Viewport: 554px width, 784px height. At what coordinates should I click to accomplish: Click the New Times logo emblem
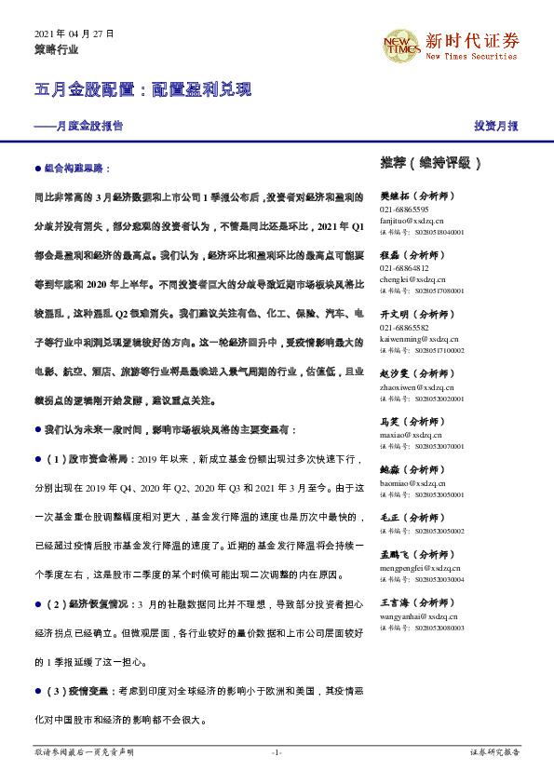[401, 44]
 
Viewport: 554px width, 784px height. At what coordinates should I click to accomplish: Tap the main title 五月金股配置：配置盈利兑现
[142, 90]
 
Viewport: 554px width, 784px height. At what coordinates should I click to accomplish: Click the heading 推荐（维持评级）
[430, 162]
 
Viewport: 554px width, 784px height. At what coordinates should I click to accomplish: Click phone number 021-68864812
[405, 268]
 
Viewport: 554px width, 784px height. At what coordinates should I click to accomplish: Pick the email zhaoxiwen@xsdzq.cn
[416, 386]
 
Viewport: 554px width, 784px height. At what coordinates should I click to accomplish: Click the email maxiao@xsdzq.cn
[410, 435]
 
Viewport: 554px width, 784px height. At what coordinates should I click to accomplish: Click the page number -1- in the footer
[277, 751]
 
